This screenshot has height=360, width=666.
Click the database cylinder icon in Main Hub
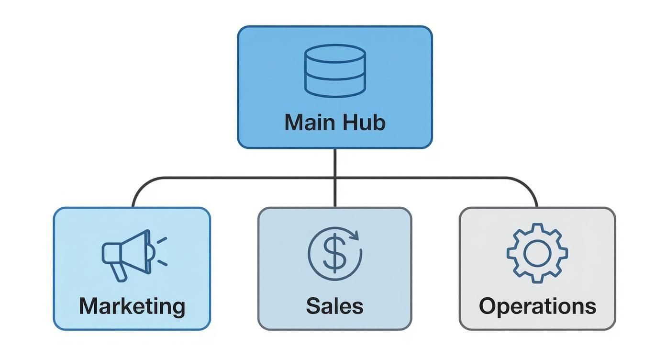pos(335,71)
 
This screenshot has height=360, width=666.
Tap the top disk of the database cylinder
pos(335,54)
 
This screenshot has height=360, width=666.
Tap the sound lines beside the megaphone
pos(162,251)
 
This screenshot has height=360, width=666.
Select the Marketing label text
pos(132,306)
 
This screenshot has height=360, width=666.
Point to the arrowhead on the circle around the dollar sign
pos(354,235)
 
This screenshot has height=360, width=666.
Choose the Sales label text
pos(334,306)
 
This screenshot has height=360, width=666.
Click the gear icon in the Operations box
pos(537,253)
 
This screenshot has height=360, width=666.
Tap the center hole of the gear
pos(537,253)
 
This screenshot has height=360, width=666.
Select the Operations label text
pos(537,306)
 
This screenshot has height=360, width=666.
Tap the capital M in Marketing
pos(89,306)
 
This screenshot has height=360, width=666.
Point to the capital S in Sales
pos(313,306)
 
